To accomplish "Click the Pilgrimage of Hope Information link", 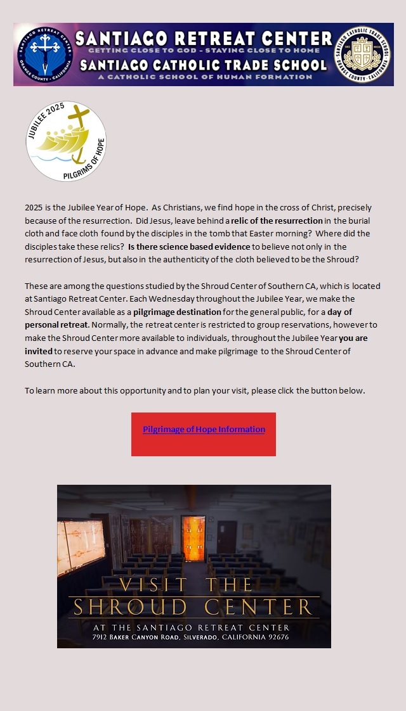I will click(x=204, y=430).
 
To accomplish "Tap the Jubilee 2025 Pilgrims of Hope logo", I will click(x=66, y=141).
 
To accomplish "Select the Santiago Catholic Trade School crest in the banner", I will click(x=362, y=54).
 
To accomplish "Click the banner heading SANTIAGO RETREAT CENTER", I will click(x=204, y=38).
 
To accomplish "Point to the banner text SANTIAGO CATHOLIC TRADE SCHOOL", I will click(x=204, y=65).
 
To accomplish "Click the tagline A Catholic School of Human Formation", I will click(x=204, y=77).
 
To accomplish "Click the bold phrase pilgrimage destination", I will click(x=177, y=312).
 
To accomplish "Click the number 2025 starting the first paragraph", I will click(x=34, y=207).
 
